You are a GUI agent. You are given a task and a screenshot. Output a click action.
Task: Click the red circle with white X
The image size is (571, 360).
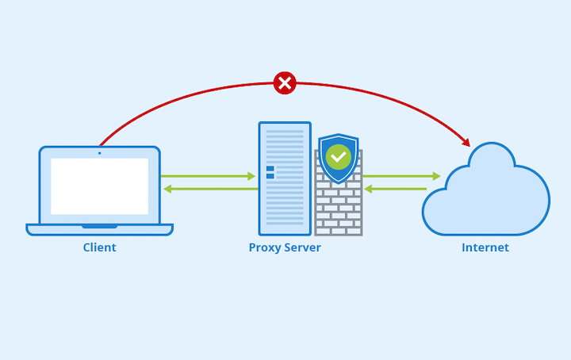285,83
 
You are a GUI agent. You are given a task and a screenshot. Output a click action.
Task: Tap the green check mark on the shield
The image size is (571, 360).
339,157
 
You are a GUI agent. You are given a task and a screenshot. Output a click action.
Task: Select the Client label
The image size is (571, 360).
99,247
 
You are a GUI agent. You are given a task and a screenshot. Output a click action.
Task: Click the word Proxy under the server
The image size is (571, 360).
265,248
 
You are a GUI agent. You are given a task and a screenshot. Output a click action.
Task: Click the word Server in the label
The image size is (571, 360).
303,247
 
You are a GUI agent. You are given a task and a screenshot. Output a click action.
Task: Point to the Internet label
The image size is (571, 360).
485,247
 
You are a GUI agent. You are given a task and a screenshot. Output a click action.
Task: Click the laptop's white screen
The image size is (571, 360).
99,186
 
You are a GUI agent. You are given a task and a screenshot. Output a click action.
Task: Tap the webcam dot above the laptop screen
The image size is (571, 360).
99,153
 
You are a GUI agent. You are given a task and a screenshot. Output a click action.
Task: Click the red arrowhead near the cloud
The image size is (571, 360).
466,142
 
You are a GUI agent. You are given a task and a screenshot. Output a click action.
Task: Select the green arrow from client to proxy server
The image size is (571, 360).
209,176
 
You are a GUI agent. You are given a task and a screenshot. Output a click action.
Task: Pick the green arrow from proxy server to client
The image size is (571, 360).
211,189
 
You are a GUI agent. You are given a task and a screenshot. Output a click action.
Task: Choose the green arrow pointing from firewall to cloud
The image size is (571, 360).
401,176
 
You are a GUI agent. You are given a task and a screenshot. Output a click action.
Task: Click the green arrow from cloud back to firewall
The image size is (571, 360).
395,189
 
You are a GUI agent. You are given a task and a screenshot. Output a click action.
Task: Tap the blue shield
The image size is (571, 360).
339,159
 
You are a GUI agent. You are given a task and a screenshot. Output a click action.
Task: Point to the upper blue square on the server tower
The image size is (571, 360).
270,169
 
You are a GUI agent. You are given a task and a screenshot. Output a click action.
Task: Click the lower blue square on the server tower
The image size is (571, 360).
270,176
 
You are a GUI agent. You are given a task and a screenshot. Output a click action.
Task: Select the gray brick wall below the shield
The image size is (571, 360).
339,208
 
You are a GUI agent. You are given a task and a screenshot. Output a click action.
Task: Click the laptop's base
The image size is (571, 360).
99,230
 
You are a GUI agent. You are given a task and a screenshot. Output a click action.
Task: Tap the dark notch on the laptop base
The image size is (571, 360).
99,227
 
